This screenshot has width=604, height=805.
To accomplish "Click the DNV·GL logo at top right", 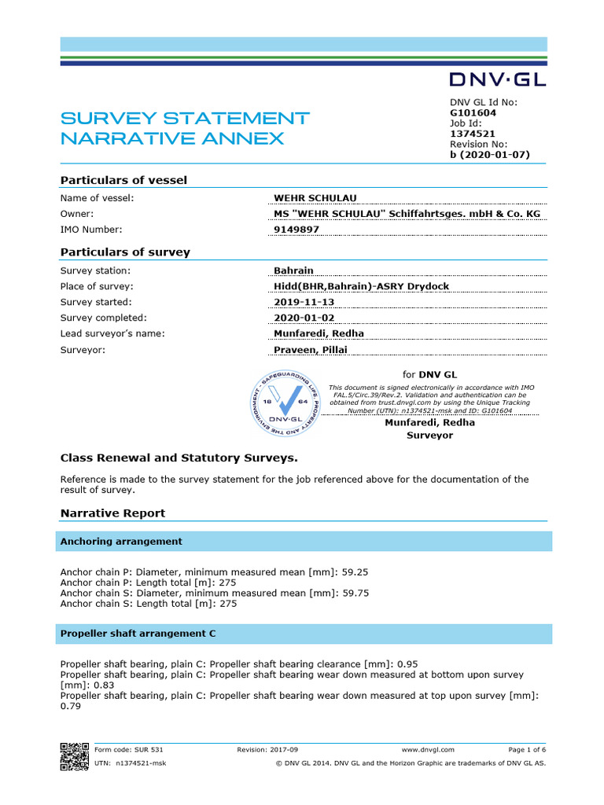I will point(497,79).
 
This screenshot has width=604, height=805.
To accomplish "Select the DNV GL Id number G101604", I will point(473,112).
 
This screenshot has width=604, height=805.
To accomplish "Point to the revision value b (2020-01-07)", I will point(490,155).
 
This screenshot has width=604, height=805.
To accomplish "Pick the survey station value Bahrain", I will point(293,270).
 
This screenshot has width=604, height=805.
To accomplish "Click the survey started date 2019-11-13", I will point(303,302).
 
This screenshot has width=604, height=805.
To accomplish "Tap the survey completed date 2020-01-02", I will point(303,318).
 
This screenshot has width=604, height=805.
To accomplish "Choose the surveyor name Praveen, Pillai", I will point(311,350).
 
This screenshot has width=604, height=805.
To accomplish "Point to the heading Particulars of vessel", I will point(123,180).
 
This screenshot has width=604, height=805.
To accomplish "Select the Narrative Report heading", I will point(112,513).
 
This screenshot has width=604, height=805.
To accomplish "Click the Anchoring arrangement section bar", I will point(121,542).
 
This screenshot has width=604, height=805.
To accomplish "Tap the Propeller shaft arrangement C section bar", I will point(138,634).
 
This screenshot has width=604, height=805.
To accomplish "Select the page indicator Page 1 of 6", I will point(527,750).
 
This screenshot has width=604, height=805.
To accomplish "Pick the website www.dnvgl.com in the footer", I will point(428,750).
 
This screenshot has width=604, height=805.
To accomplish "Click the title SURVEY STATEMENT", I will point(185,119).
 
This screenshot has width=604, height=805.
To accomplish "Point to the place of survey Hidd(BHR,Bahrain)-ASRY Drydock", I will point(361,286).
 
